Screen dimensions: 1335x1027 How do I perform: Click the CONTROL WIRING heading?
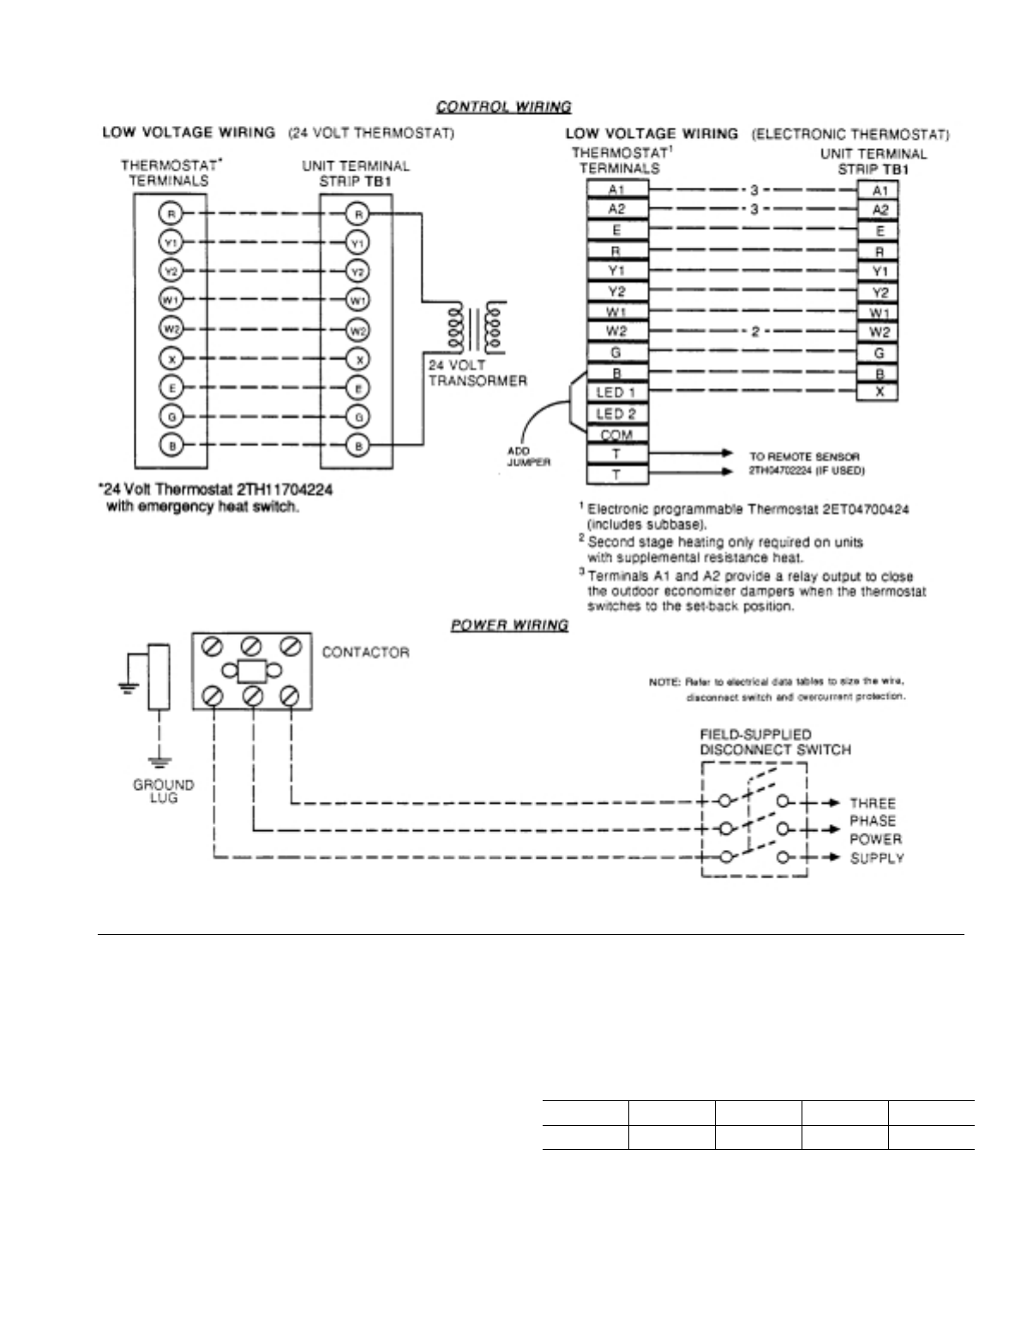click(x=503, y=107)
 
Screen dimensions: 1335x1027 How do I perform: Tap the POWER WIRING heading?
click(x=509, y=625)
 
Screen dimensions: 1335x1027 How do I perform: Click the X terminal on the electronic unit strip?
click(x=878, y=392)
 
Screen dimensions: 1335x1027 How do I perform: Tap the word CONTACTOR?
click(x=365, y=652)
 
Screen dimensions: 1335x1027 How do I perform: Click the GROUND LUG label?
click(x=163, y=791)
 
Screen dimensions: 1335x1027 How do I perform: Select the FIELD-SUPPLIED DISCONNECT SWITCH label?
click(x=775, y=742)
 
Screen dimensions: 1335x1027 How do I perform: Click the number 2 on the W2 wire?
click(x=754, y=332)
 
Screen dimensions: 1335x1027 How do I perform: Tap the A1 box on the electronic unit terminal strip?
click(x=878, y=191)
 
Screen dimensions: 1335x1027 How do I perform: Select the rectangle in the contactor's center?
click(x=252, y=671)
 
